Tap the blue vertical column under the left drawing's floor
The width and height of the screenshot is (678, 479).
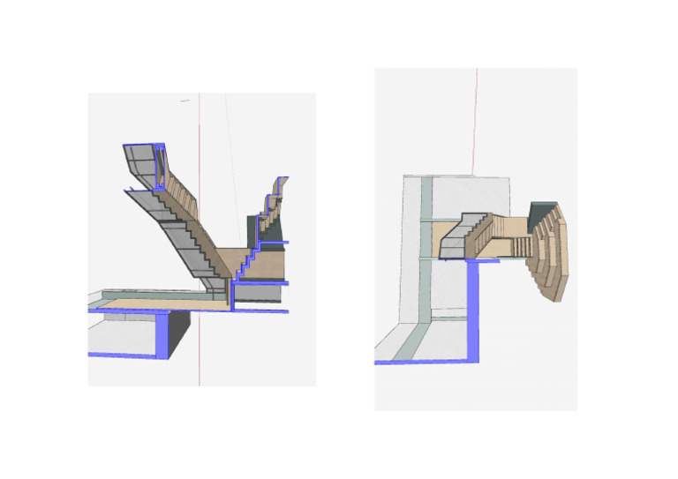tap(162, 334)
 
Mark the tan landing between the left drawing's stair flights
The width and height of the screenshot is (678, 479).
tap(224, 259)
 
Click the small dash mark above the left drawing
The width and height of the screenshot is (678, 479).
tap(185, 101)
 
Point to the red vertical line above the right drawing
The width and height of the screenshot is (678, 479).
tap(477, 123)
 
